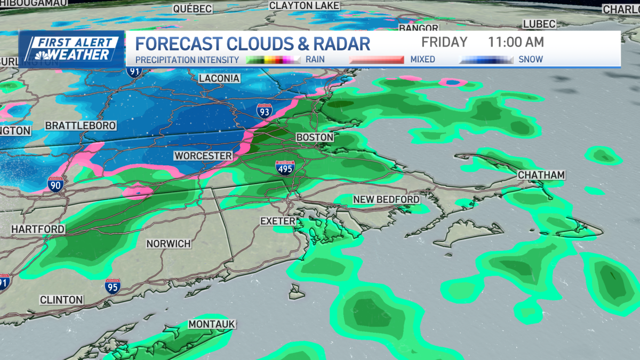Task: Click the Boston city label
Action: tap(315, 137)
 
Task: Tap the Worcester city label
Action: tap(203, 156)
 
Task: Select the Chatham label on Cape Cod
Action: tap(541, 175)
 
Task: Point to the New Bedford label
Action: tap(386, 199)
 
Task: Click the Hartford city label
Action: tap(38, 229)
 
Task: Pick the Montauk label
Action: tap(212, 324)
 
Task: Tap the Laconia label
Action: tap(219, 78)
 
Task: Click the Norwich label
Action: tap(169, 243)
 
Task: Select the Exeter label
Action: tap(277, 220)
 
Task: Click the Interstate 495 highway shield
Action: tap(285, 169)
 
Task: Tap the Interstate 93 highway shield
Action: tap(263, 110)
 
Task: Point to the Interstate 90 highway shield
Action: tap(56, 183)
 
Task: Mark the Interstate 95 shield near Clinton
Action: tap(112, 286)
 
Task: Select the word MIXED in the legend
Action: tap(422, 59)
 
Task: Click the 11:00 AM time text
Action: tap(516, 42)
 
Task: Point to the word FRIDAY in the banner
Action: tap(444, 42)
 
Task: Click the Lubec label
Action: tap(539, 24)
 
